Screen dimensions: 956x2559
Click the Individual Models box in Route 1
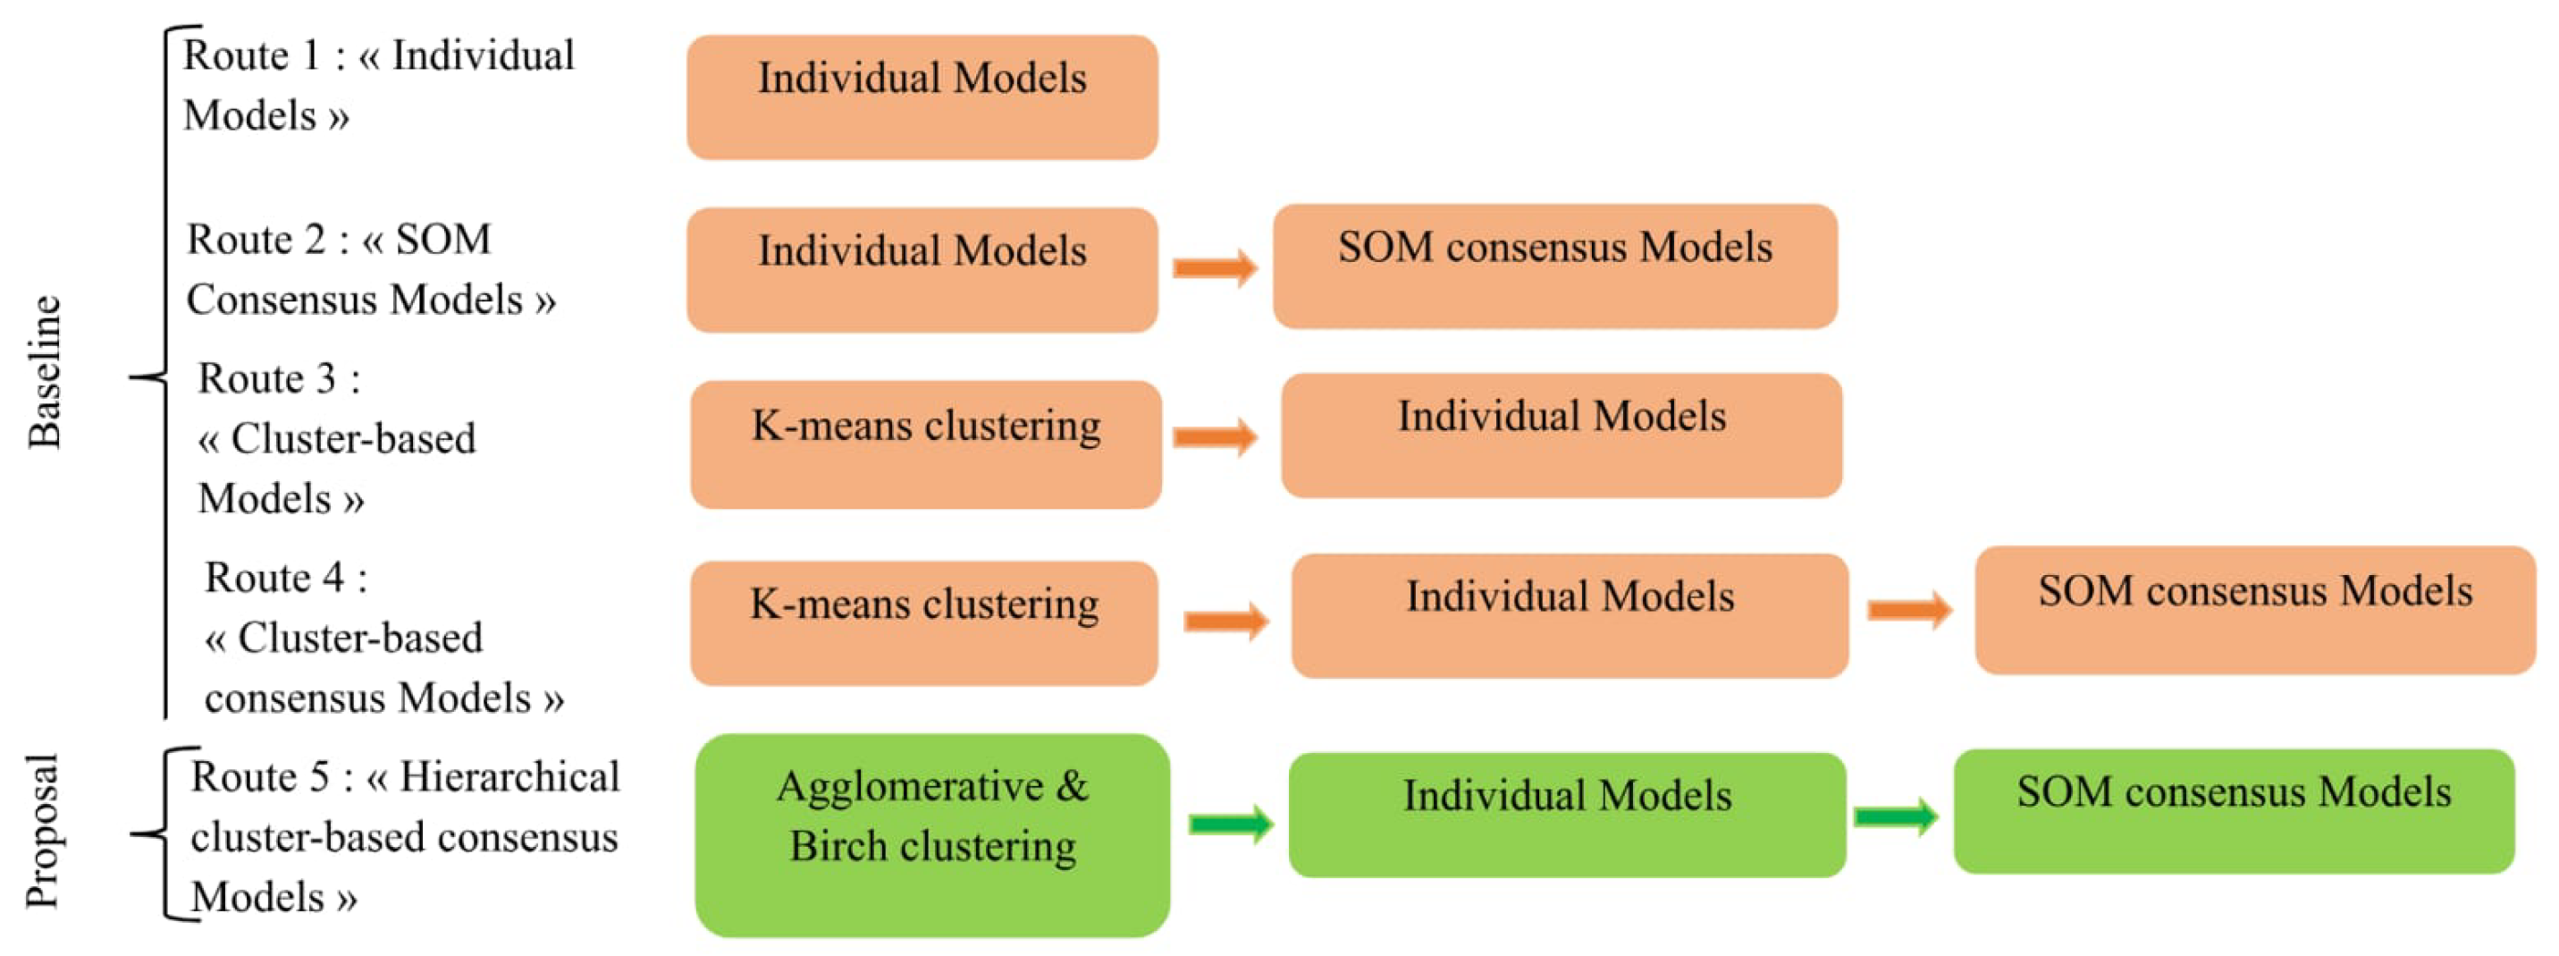922,97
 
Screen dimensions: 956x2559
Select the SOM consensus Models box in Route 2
1554,266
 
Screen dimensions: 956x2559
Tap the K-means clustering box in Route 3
926,444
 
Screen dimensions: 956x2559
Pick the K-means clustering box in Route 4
924,623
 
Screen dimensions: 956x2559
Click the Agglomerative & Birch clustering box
932,834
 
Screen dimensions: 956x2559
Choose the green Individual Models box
1567,814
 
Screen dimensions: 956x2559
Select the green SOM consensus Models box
2233,811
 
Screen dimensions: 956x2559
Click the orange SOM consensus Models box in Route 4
2255,610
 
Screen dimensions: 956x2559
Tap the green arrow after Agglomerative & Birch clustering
1231,823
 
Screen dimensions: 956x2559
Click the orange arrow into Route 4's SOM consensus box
1909,609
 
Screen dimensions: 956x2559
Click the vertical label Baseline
45,372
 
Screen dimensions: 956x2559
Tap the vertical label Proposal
43,831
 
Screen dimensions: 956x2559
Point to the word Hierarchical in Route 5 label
509,777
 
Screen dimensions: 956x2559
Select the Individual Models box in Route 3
1561,436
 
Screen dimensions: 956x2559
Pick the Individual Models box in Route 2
922,269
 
